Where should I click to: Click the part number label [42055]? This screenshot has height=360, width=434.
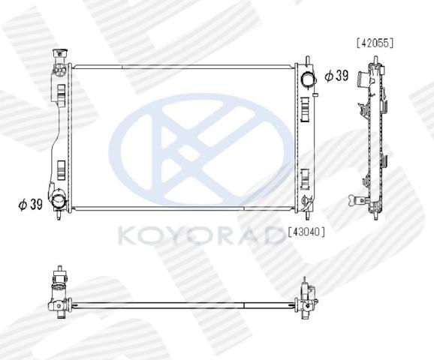(x=375, y=43)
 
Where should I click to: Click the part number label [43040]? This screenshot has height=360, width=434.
(x=306, y=232)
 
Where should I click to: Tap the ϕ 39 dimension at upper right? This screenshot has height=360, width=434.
(x=336, y=76)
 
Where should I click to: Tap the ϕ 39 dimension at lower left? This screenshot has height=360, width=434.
(x=31, y=205)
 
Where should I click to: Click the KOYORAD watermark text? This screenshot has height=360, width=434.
(x=200, y=235)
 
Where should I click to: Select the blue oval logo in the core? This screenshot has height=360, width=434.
(x=200, y=149)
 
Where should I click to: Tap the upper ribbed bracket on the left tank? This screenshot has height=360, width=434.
(x=61, y=94)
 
